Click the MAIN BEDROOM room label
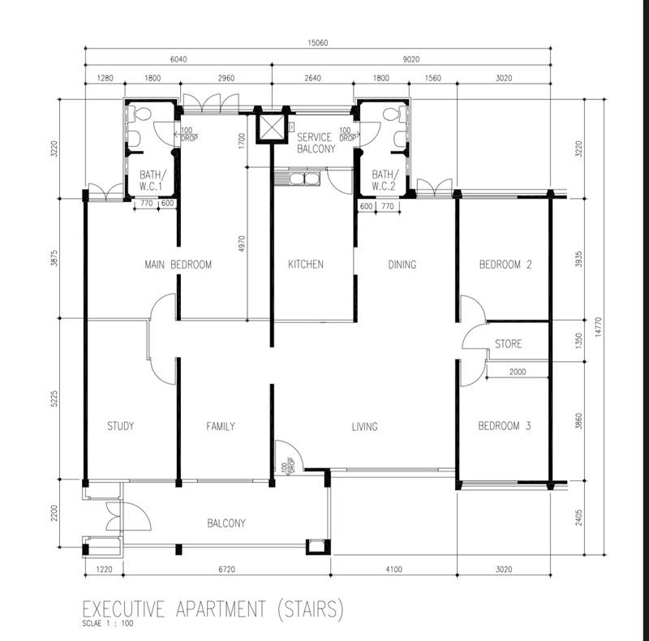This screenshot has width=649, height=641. (x=178, y=265)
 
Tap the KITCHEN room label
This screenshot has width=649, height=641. (x=306, y=265)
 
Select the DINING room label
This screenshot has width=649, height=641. (x=402, y=265)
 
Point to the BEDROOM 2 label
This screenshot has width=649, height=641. (x=505, y=265)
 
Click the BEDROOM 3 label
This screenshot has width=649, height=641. (x=504, y=426)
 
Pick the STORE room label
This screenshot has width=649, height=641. (x=508, y=344)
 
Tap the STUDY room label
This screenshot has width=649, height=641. (x=120, y=426)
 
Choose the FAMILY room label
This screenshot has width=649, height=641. (x=220, y=426)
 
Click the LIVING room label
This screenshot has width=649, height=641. (x=364, y=426)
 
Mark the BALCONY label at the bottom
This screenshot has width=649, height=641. (x=226, y=523)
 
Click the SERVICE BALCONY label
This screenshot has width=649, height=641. (x=315, y=143)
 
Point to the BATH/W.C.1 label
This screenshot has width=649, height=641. (x=152, y=180)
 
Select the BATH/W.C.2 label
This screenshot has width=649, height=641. (x=383, y=180)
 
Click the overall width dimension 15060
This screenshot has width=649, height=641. (x=322, y=44)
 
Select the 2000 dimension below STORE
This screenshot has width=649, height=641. (x=518, y=372)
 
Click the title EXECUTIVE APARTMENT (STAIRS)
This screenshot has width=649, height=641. (x=213, y=608)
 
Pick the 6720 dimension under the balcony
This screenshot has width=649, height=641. (x=227, y=570)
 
